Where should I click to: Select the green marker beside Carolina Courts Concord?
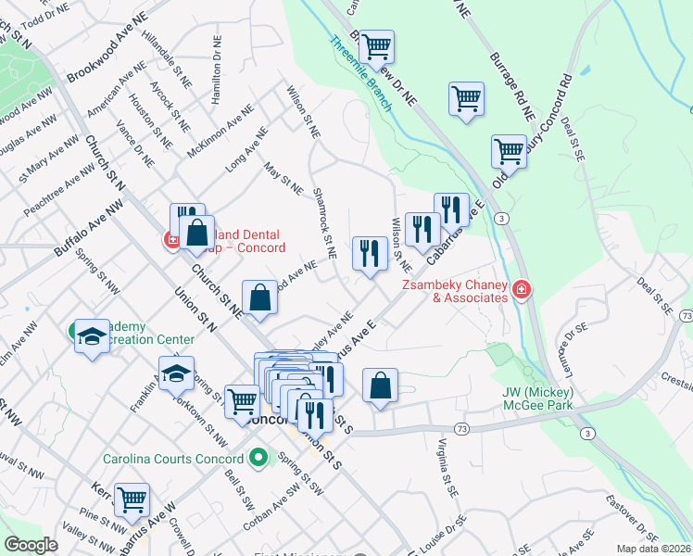point(258,458)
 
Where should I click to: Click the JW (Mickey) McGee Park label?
point(538,398)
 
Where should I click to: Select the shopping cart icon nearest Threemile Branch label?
point(376,45)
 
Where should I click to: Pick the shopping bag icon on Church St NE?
point(260,297)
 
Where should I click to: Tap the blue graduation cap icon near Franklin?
point(175,373)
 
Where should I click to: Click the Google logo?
point(31,544)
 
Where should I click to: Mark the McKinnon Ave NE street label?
point(220,131)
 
